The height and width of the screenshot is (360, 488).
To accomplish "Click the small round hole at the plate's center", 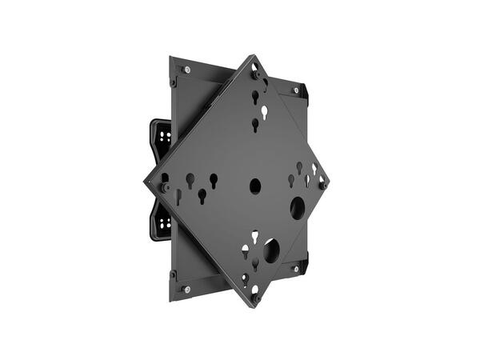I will tap(255, 186).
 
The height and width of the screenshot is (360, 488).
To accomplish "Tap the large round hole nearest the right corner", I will tap(297, 209).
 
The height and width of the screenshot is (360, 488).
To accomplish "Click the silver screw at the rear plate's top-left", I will tap(186, 70).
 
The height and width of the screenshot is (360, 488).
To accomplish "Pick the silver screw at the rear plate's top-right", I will tap(295, 90).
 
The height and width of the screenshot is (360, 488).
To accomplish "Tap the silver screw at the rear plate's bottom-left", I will tap(186, 289).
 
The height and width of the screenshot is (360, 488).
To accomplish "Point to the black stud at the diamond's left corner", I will tap(163, 186).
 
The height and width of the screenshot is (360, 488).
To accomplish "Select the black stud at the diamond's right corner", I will tap(322, 186).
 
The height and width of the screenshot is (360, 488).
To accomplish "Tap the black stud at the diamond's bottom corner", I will tap(256, 298).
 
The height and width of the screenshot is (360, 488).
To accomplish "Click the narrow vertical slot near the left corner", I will tap(178, 196).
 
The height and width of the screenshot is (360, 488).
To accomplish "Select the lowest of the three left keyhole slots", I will tap(202, 194).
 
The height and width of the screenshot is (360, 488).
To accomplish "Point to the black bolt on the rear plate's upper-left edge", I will tap(173, 82).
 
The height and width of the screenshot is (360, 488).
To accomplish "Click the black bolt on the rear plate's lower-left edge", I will tap(172, 274).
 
